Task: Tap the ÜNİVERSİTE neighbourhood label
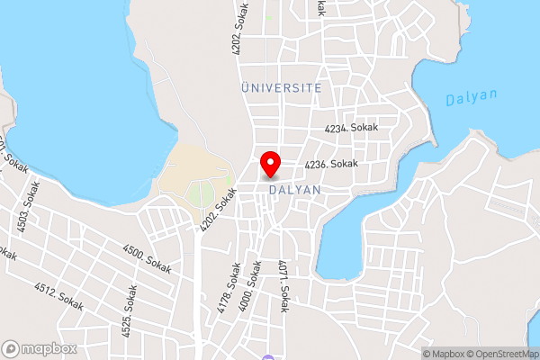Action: [282, 87]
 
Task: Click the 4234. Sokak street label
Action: [351, 129]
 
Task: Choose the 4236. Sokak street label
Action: [331, 164]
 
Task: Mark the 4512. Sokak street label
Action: [58, 296]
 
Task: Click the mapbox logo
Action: [37, 348]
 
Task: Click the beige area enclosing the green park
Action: [176, 172]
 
